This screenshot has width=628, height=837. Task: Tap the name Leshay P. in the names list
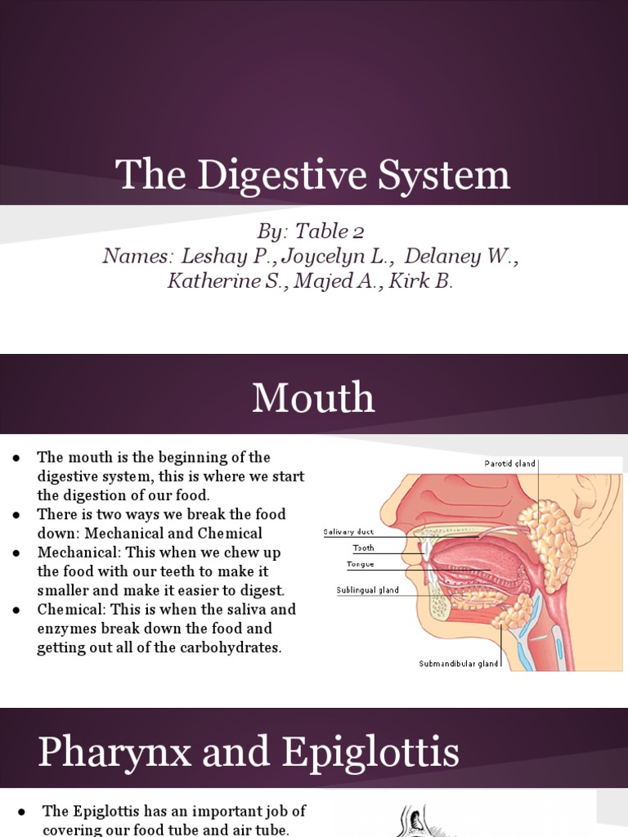click(225, 256)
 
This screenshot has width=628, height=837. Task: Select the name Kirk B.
click(419, 281)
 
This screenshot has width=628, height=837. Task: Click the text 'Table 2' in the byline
click(320, 231)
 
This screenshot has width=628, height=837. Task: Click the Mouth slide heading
click(313, 399)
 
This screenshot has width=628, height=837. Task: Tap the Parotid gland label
click(509, 463)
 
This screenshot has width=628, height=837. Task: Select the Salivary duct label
click(348, 532)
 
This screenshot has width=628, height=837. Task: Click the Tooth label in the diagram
click(363, 548)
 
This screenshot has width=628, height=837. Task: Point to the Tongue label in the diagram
click(361, 564)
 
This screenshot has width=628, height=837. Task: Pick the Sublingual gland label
click(368, 590)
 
